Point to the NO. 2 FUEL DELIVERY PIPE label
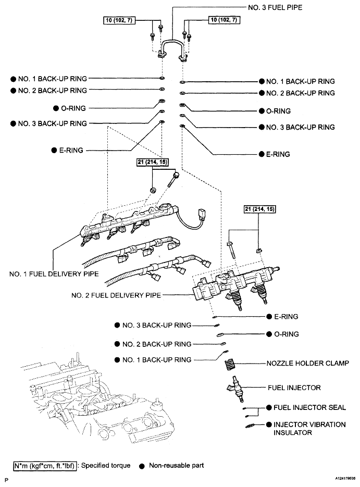pos(116,295)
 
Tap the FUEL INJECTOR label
pos(293,388)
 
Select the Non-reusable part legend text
pos(176,465)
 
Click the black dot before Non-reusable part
pos(141,465)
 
